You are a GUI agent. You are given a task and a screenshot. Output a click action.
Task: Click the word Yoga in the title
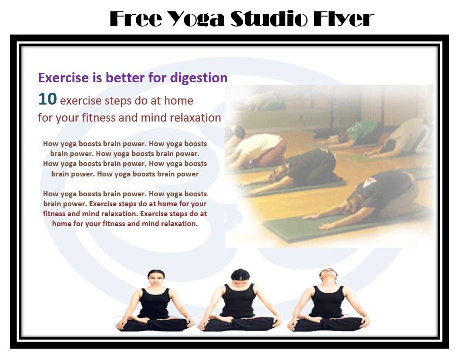point(197,19)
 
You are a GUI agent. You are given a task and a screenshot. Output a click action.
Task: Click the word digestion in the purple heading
point(199,78)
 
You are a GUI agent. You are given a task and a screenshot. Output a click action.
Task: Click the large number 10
point(47,99)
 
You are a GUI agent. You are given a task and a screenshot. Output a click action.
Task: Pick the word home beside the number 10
point(178,101)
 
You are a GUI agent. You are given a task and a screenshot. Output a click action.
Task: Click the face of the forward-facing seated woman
point(156,279)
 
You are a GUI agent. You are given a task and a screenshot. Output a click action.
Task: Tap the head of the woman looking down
point(240,276)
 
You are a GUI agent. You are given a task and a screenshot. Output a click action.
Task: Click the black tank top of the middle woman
point(239,300)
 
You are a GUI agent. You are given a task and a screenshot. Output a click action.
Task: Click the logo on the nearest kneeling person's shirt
point(369,183)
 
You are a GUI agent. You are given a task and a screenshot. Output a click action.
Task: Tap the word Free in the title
point(136,19)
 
